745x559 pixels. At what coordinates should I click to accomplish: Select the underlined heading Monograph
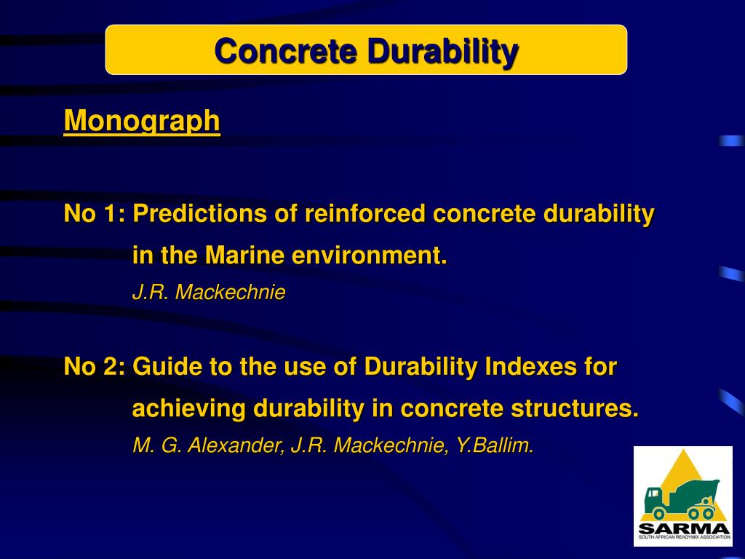(142, 121)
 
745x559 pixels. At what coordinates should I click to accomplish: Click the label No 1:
(95, 214)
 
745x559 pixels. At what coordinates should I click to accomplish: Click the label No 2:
(95, 367)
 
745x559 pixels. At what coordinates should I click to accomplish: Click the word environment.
(370, 255)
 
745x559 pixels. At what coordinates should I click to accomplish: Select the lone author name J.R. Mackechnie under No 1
(209, 293)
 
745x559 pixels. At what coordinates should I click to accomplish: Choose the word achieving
(188, 409)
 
